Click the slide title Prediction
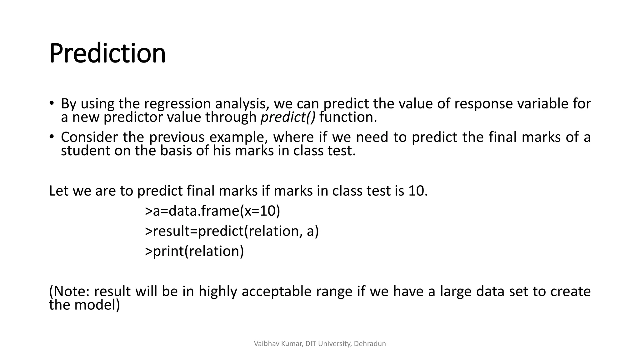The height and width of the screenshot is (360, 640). pos(107,54)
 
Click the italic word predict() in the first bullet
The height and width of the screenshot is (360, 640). pos(288,117)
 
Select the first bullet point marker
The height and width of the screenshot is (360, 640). pos(52,103)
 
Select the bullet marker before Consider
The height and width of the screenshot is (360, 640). pos(52,137)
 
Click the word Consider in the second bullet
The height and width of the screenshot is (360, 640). pos(89,137)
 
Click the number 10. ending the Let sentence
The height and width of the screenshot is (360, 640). pos(418,191)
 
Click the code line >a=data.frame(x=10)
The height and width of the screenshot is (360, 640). pos(212,211)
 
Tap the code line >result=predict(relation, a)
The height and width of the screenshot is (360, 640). pos(232,231)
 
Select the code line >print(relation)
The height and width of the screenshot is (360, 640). pos(194,251)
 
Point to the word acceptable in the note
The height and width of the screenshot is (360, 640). pos(276,291)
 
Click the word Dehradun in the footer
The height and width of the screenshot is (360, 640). pos(370,344)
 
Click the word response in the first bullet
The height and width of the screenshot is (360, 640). pos(483,104)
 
